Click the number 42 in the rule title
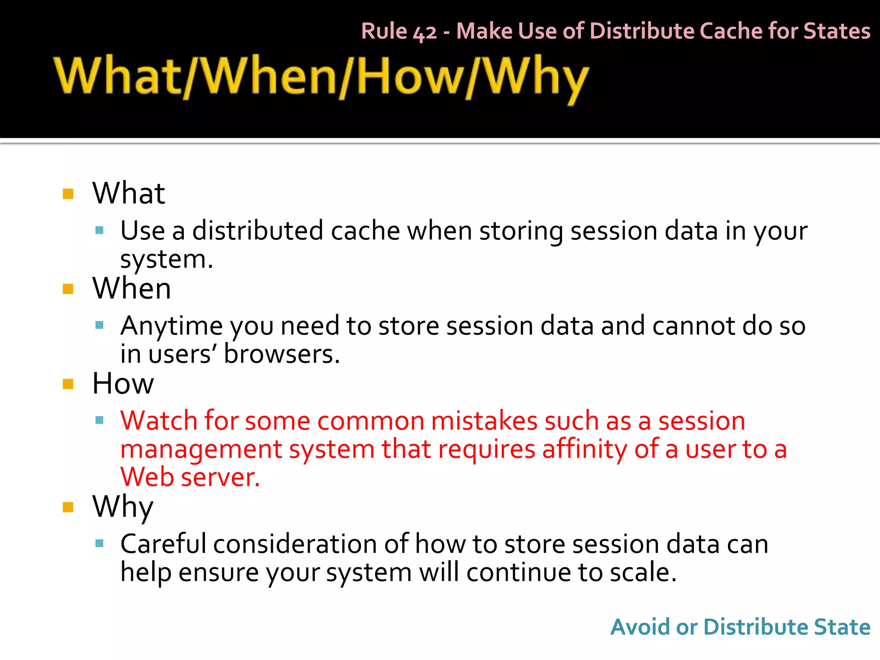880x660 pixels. (425, 32)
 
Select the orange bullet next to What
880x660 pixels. (68, 194)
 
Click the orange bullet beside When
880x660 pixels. (68, 289)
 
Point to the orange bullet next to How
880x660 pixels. (68, 384)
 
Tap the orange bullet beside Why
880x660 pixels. (68, 507)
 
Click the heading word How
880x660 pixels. (123, 383)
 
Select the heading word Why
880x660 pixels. (123, 507)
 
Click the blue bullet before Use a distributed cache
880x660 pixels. (100, 230)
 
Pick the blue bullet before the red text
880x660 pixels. (100, 420)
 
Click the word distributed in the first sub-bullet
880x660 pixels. (257, 231)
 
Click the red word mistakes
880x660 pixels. (484, 421)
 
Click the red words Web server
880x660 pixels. (190, 477)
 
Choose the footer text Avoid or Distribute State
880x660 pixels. (740, 627)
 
